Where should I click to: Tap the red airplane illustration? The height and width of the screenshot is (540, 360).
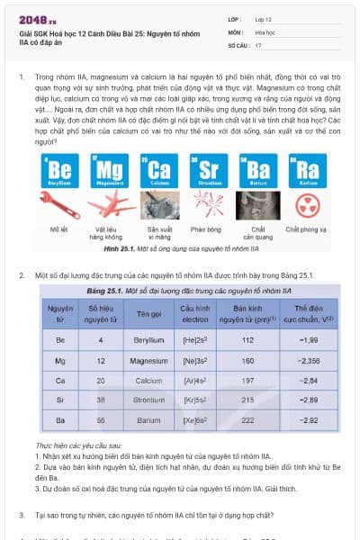(x=108, y=206)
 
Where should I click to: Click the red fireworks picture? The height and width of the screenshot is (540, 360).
(x=207, y=206)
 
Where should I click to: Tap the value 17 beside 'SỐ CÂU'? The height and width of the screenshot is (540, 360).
(x=258, y=44)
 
